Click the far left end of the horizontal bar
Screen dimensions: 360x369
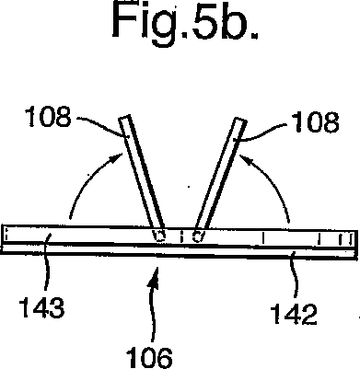5,236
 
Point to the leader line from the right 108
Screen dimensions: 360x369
261,130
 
